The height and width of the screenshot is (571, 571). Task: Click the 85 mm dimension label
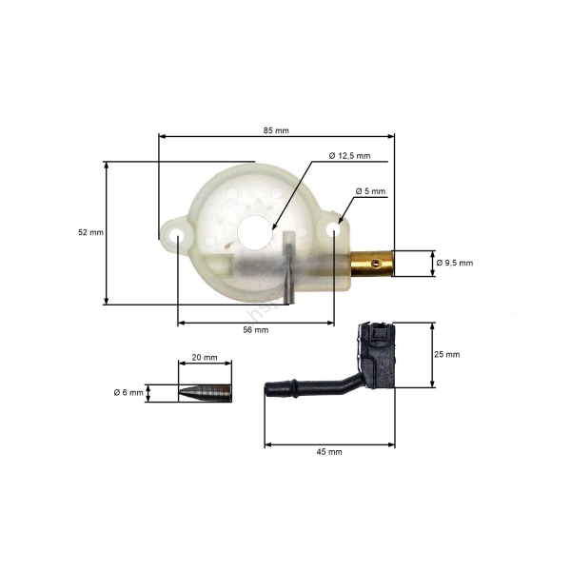(x=275, y=130)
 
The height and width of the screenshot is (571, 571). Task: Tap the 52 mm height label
(x=90, y=231)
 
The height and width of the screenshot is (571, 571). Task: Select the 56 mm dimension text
(x=256, y=330)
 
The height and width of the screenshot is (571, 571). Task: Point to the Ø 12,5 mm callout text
(x=348, y=155)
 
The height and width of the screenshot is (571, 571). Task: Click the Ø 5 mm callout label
(x=370, y=191)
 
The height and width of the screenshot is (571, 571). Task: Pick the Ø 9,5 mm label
(x=454, y=263)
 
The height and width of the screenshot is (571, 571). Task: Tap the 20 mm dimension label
(x=205, y=358)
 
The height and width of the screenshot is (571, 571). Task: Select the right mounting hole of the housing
(x=334, y=229)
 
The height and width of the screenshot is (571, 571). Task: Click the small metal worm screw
(x=205, y=392)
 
